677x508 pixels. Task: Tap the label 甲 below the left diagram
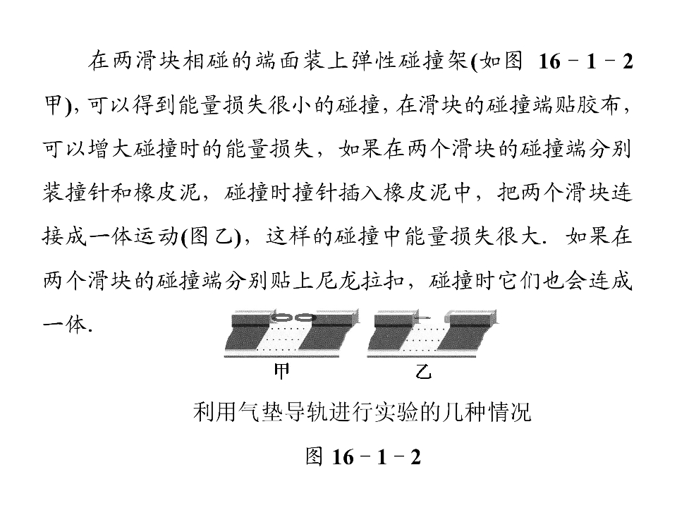coord(281,372)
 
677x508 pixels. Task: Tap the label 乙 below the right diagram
coord(423,372)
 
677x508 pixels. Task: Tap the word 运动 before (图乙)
coord(158,237)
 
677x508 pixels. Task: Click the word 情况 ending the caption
coord(510,412)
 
